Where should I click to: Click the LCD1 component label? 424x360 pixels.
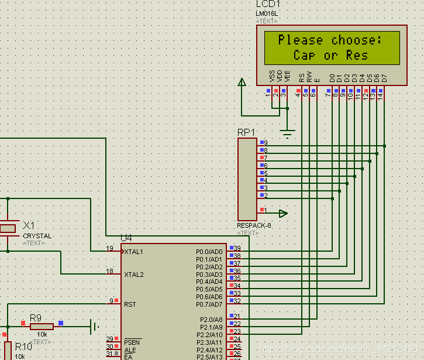pos(268,5)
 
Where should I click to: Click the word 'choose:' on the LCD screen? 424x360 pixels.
pos(357,40)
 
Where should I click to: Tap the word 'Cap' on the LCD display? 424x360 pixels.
pos(304,56)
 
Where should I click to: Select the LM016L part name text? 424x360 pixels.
pos(268,13)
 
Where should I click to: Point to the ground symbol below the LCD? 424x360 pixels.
pos(287,134)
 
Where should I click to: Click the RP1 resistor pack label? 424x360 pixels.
pos(246,132)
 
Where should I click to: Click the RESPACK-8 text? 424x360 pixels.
pos(254,225)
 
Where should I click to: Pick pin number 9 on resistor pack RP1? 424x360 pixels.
pos(266,143)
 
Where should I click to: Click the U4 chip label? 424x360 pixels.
pos(126,238)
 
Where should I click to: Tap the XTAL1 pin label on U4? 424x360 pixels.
pos(133,252)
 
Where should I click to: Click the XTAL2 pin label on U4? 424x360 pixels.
pos(133,274)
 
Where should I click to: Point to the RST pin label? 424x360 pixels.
pos(130,304)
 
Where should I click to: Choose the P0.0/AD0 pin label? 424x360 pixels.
pos(209,252)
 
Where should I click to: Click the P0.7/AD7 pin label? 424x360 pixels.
pos(209,304)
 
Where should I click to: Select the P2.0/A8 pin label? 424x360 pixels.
pos(211,320)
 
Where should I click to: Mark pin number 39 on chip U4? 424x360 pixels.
pos(237,248)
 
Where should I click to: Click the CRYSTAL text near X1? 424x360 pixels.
pos(37,236)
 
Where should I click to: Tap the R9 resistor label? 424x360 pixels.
pos(36,318)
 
